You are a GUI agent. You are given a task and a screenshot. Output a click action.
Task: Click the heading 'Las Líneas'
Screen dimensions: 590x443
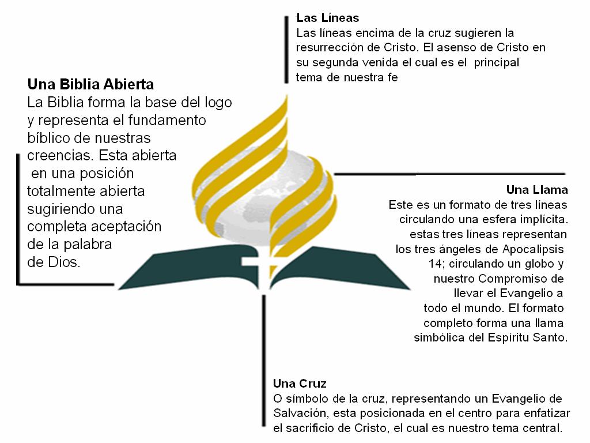point(327,18)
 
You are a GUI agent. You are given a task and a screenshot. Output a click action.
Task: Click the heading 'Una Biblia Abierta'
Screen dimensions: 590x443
point(90,84)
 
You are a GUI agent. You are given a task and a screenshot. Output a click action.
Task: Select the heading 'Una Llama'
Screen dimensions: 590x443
point(537,189)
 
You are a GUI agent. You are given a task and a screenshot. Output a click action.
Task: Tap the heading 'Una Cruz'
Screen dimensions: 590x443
point(300,384)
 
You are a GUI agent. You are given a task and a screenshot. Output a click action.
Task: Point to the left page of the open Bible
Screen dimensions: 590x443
point(188,265)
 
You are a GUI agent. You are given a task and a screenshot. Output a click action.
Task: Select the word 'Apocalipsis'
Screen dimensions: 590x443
point(533,249)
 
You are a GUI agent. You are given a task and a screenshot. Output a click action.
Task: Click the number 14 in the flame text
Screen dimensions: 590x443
point(436,264)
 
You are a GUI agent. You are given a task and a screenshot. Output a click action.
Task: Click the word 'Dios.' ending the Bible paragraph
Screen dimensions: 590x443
point(54,262)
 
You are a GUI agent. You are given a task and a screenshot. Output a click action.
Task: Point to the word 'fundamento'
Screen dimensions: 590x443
point(167,120)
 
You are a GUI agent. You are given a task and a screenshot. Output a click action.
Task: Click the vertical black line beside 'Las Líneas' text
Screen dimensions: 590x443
point(286,50)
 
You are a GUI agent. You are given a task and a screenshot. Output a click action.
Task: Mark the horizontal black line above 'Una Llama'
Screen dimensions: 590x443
point(449,174)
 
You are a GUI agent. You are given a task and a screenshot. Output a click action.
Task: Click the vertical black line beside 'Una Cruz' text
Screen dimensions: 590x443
point(264,361)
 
